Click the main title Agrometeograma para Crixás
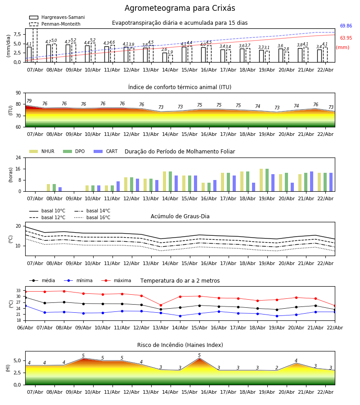(x=180, y=9)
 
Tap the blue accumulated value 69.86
(x=346, y=26)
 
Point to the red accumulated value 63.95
(x=346, y=38)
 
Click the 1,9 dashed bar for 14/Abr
(x=170, y=58)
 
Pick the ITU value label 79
(x=29, y=101)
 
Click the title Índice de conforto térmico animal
(x=180, y=87)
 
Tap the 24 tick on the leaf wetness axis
(x=19, y=158)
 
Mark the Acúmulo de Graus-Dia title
(x=180, y=216)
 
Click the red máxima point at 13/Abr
(x=161, y=305)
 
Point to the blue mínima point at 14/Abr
(x=180, y=316)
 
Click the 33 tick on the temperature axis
(x=19, y=291)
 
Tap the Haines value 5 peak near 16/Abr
(x=199, y=358)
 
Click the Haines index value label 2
(x=277, y=368)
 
